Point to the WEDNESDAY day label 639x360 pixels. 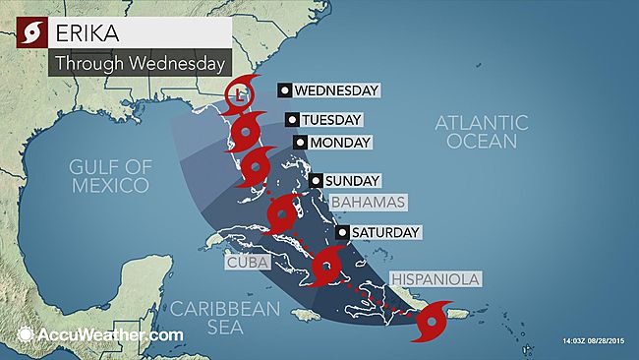point(336,90)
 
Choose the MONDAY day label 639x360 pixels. point(339,143)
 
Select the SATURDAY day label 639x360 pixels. point(384,233)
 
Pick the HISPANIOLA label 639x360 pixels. point(436,279)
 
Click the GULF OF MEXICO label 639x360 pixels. point(110,174)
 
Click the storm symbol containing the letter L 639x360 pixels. point(237,95)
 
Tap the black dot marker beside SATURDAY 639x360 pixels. point(341,233)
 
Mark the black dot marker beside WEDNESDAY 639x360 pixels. point(284,90)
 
